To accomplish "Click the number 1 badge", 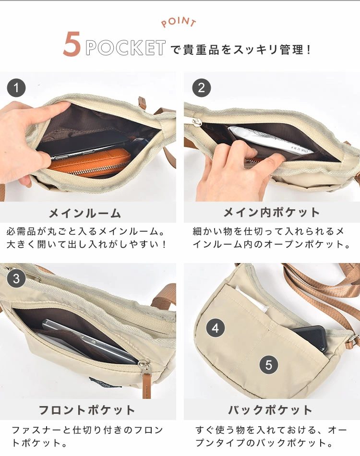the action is [16, 88].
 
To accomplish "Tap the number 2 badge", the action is [202, 88].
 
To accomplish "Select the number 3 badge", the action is [16, 278].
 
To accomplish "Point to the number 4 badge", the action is [216, 328].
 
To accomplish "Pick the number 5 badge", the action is [268, 365].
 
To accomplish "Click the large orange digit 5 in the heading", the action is [72, 44].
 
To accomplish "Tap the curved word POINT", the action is [179, 22].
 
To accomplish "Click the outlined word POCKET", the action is [126, 48].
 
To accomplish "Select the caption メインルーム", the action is [85, 213].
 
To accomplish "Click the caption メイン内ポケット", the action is [272, 212].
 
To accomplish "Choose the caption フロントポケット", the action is [87, 410].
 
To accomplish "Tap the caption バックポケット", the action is [270, 410].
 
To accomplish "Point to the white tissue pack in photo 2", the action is [269, 140].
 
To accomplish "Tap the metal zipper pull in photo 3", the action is [144, 366].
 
